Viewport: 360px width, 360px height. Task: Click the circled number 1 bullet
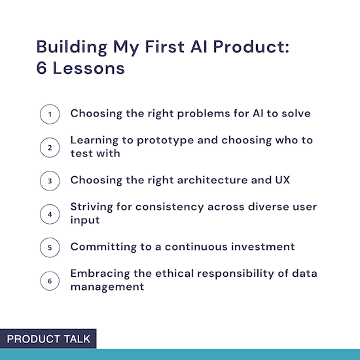tap(50, 114)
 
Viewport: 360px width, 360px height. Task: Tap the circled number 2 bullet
tap(50, 147)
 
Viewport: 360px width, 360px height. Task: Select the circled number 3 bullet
tap(50, 181)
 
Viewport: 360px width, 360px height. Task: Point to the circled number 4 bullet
tap(50, 214)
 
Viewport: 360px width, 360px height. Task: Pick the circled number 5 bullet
tap(50, 247)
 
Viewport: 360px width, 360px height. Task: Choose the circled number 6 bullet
tap(50, 281)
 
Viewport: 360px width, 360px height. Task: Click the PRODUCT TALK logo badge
tap(48, 338)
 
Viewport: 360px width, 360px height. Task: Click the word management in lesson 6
tap(107, 287)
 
